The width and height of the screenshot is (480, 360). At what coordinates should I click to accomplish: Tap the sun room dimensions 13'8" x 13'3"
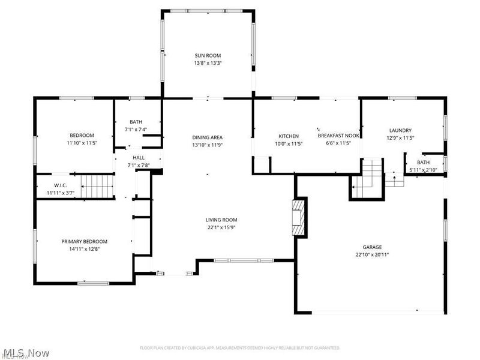click(207, 62)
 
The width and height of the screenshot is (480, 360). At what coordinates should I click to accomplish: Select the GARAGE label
click(371, 247)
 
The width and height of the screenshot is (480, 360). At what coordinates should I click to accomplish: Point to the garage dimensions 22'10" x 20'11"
click(371, 255)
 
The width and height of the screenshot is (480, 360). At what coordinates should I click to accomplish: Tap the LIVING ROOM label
click(221, 220)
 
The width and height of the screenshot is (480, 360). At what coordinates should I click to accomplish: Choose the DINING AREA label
click(207, 137)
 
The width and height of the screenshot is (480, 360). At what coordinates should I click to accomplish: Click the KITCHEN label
click(288, 136)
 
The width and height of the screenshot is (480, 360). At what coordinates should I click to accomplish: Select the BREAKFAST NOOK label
click(338, 136)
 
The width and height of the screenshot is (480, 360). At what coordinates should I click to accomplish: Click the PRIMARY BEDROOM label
click(83, 241)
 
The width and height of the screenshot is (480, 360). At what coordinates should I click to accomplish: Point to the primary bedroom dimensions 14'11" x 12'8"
click(83, 249)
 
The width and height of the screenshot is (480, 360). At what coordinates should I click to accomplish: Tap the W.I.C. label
click(60, 185)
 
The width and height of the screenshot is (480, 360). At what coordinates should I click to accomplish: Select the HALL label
click(138, 157)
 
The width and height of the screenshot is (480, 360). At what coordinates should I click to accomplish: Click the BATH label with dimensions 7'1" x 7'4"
click(136, 122)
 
